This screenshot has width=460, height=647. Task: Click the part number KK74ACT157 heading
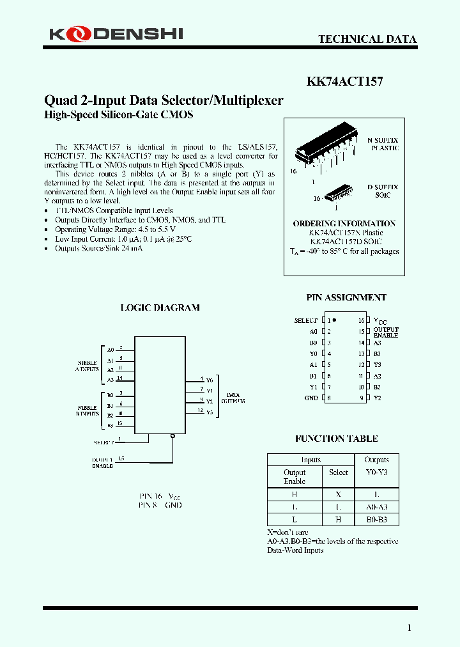click(345, 82)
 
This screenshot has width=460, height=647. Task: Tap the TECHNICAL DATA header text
click(367, 39)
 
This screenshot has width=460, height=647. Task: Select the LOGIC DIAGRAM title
click(160, 308)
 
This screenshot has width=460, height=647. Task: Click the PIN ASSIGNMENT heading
click(346, 297)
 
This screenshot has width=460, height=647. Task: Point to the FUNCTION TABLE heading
click(337, 439)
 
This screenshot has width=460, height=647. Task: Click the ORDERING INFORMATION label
click(344, 223)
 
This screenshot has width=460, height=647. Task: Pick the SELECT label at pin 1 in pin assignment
click(305, 320)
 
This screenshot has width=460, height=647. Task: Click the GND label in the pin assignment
click(310, 398)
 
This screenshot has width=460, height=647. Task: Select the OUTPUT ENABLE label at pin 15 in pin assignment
click(386, 332)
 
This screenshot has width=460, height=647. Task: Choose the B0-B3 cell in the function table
click(376, 519)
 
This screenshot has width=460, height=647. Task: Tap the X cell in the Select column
click(339, 494)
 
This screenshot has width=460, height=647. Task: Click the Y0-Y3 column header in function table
click(376, 472)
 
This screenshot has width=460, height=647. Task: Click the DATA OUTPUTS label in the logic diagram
click(233, 398)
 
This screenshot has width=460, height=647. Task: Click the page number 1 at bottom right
click(410, 628)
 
